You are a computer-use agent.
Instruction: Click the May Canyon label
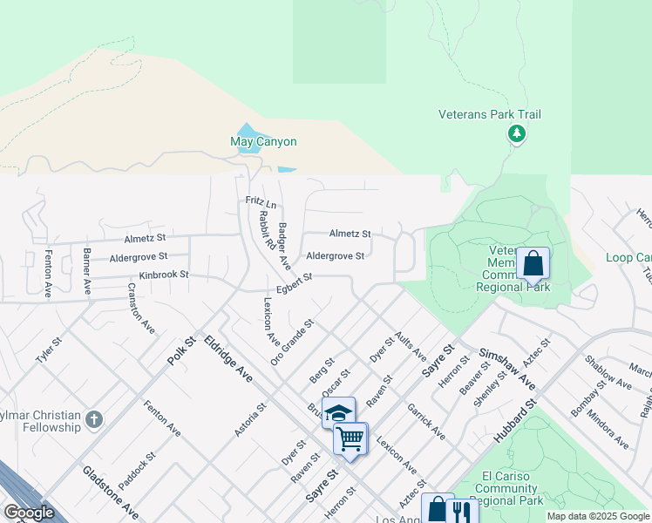click(263, 141)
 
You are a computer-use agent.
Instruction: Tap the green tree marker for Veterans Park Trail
click(517, 133)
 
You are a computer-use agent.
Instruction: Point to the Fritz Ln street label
click(261, 202)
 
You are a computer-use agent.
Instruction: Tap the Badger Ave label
click(283, 247)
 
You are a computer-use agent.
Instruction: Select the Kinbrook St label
click(164, 275)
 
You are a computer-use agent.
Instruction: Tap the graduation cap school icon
click(339, 411)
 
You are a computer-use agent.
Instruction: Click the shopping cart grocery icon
click(350, 438)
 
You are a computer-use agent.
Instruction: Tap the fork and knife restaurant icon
click(461, 510)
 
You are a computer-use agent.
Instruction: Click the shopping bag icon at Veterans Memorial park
click(533, 262)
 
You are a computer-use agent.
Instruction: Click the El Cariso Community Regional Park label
click(513, 488)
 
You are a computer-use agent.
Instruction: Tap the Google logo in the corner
click(29, 513)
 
